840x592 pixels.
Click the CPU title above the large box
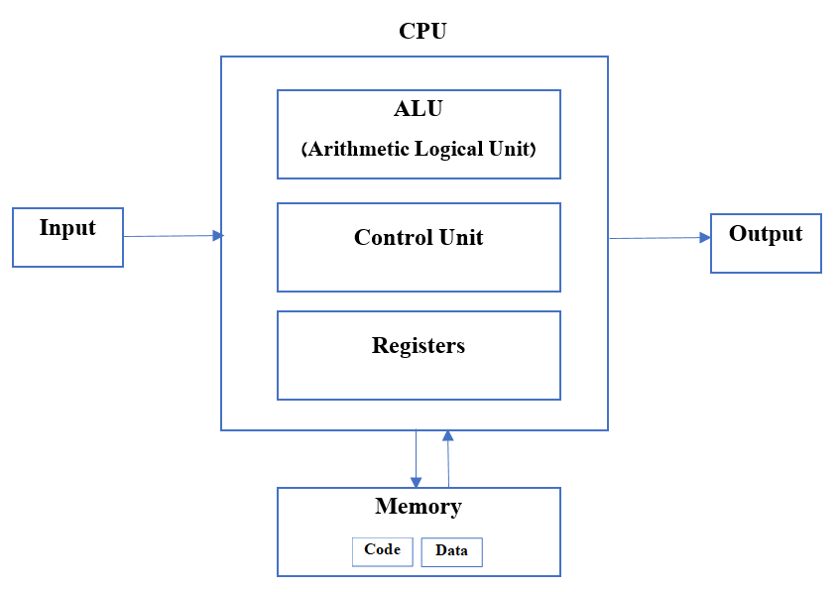(422, 31)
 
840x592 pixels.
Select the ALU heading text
(418, 109)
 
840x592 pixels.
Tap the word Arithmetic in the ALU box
(357, 150)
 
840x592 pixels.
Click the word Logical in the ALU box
(448, 150)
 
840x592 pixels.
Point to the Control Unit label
(419, 238)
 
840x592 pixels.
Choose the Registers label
(419, 346)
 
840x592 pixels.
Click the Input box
(67, 237)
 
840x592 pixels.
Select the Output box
(766, 243)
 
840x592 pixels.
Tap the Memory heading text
(418, 507)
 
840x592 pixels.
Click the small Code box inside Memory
(382, 550)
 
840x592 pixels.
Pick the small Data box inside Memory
(451, 551)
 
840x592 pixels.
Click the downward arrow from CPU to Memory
(416, 456)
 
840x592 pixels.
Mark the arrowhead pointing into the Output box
(705, 237)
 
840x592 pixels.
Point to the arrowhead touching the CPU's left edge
(218, 235)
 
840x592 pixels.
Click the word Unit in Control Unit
(462, 238)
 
